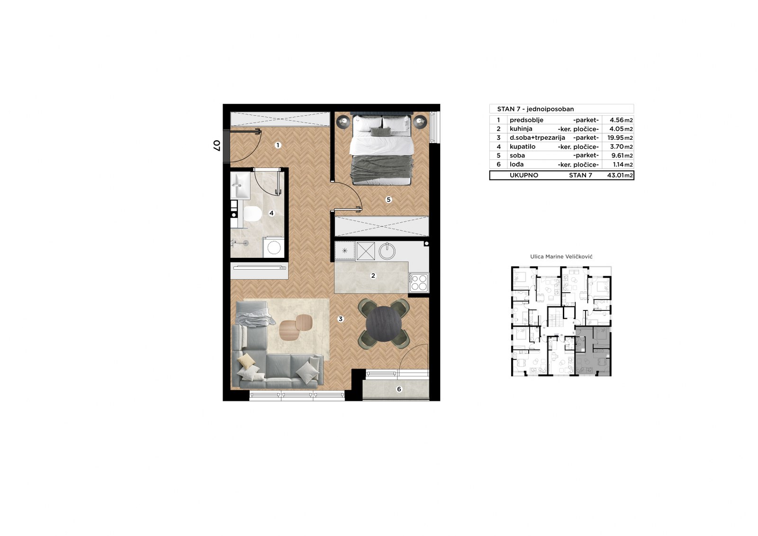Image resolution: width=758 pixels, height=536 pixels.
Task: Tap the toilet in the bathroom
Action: [253, 214]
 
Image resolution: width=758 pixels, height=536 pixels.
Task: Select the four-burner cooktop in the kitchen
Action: [419, 282]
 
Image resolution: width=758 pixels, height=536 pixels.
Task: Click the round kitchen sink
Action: [387, 251]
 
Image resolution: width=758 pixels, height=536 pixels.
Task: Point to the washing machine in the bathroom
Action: [273, 247]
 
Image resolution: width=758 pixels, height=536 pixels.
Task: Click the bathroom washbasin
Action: [240, 186]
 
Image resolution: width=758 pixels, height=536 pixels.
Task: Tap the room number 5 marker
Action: [388, 200]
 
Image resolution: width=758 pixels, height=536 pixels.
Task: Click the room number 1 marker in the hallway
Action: [278, 145]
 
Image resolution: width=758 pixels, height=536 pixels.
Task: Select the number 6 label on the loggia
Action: [399, 390]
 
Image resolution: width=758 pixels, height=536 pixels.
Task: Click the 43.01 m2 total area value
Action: [620, 175]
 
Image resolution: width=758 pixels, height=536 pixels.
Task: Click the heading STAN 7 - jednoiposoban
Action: [535, 109]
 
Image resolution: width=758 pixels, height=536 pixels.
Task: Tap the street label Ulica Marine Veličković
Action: [561, 257]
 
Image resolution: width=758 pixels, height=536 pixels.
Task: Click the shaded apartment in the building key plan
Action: [593, 351]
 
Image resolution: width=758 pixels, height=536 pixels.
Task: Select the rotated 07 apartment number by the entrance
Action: [217, 145]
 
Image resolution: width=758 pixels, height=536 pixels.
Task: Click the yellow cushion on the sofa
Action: [246, 361]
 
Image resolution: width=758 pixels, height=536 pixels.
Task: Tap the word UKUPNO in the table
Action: [524, 175]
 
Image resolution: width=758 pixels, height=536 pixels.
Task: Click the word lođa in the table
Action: [517, 164]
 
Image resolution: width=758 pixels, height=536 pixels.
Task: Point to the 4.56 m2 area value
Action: [621, 120]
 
